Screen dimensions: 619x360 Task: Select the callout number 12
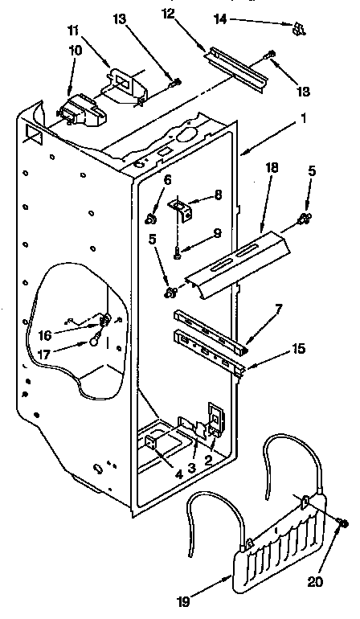[x=168, y=14]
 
